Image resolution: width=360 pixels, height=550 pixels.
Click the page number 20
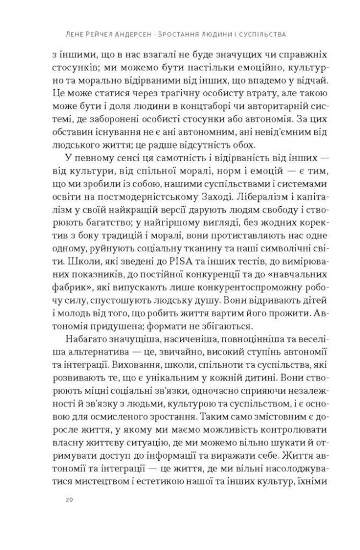click(x=69, y=499)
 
